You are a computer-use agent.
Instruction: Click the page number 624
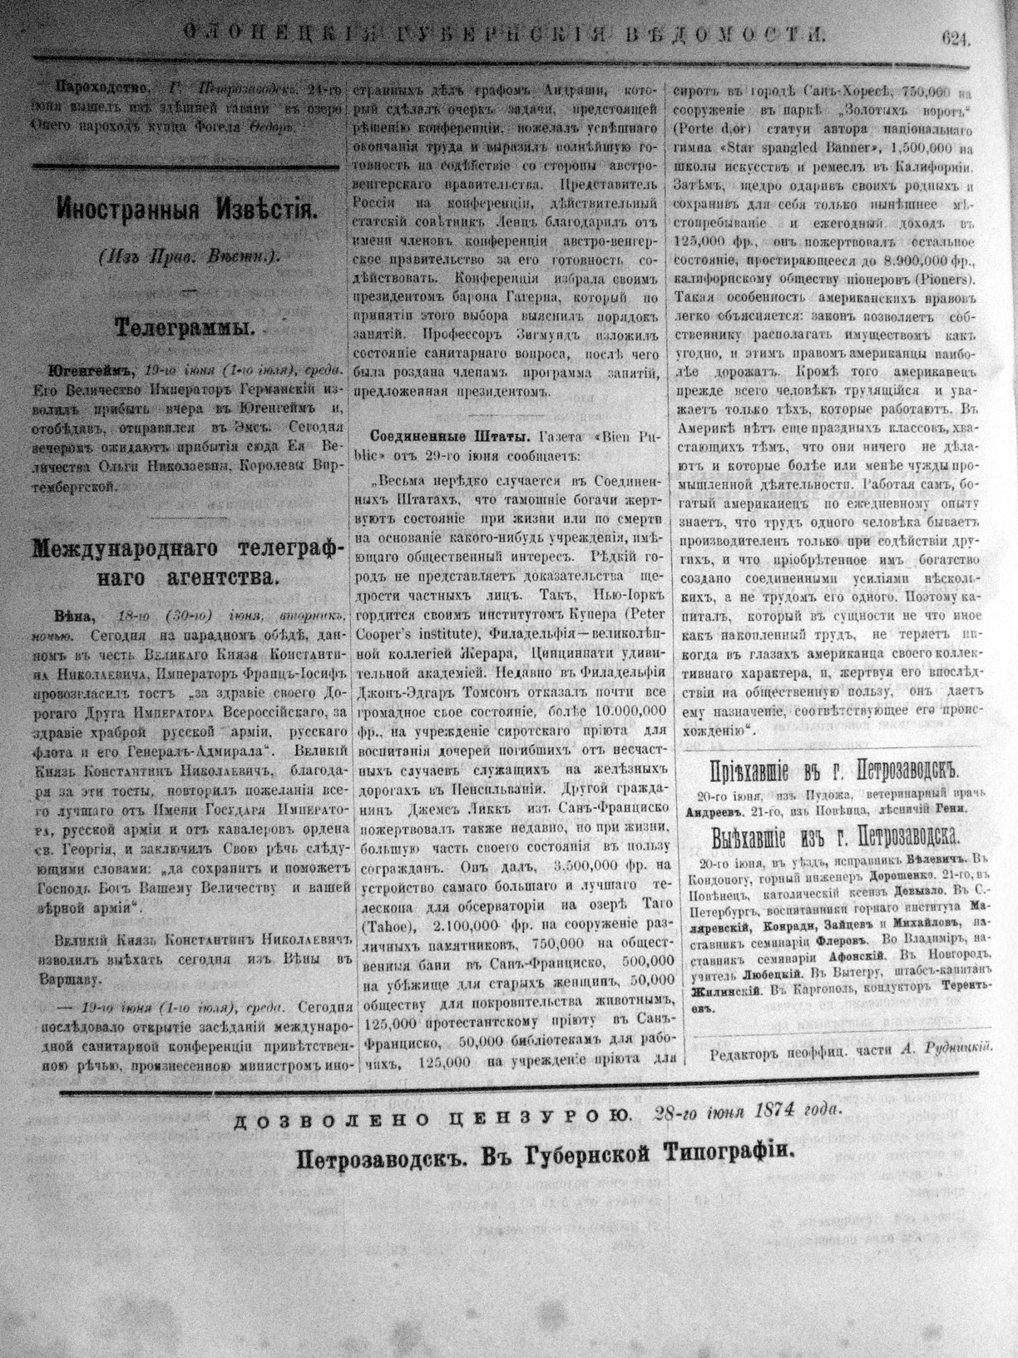click(956, 36)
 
